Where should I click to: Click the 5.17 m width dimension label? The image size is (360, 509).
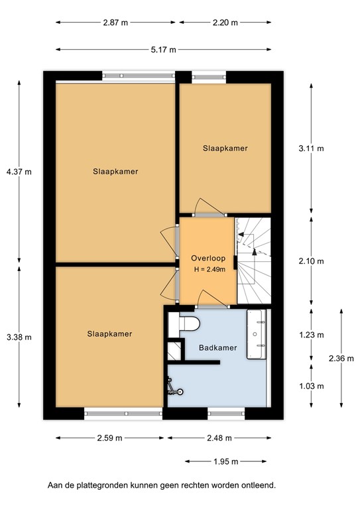[x=163, y=50]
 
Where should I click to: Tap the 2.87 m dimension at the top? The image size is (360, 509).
[x=115, y=22]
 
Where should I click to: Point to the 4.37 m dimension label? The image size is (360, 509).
[x=19, y=172]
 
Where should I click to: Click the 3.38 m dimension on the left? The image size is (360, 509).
[x=19, y=337]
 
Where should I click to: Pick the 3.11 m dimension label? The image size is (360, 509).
[x=311, y=148]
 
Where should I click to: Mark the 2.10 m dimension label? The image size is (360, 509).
[x=311, y=261]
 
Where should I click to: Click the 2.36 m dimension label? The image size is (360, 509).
[x=341, y=359]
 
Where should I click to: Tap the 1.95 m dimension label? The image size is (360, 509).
[x=227, y=462]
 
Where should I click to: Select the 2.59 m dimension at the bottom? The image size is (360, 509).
[x=109, y=438]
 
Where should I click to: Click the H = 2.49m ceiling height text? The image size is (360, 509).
[x=208, y=269]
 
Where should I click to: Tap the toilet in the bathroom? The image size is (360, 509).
[x=191, y=325]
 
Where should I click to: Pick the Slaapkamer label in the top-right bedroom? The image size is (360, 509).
[x=225, y=148]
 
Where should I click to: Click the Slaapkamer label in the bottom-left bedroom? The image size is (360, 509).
[x=109, y=334]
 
